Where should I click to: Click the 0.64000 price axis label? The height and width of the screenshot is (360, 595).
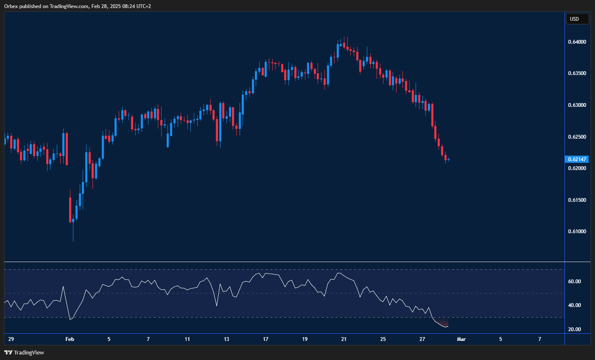click(x=577, y=42)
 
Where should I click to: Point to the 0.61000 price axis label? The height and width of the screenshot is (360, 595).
click(x=577, y=232)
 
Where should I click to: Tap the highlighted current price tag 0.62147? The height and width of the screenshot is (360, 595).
click(x=577, y=159)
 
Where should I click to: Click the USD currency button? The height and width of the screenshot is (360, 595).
click(x=577, y=19)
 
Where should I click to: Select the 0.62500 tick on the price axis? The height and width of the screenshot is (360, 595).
click(x=577, y=137)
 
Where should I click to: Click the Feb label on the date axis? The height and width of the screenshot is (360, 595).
click(x=70, y=339)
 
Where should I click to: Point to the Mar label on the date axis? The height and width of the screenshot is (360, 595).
click(x=461, y=339)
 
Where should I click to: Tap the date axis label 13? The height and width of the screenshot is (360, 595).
click(x=226, y=339)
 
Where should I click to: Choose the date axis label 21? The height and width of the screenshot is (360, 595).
click(x=344, y=339)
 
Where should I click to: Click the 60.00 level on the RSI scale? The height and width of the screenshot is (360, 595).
click(x=574, y=282)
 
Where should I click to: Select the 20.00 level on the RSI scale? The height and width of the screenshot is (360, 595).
click(x=574, y=329)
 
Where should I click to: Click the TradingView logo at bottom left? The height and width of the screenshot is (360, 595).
click(x=24, y=352)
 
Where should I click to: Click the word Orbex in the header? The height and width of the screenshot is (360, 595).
click(x=11, y=6)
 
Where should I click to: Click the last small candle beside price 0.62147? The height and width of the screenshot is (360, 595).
click(x=448, y=160)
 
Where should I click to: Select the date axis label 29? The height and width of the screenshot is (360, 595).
click(x=11, y=339)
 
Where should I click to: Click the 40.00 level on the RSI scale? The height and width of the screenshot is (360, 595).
click(x=574, y=305)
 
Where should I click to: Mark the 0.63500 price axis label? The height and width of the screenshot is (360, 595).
click(x=577, y=73)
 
